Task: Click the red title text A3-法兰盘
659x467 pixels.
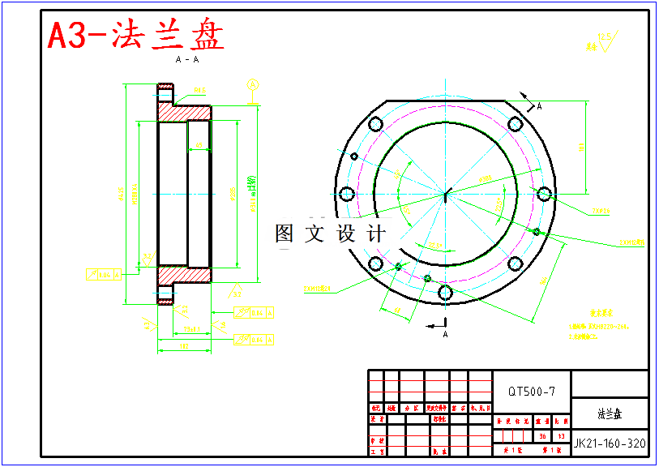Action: pyautogui.click(x=135, y=35)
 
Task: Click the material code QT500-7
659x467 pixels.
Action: pyautogui.click(x=532, y=392)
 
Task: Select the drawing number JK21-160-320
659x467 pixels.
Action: pyautogui.click(x=610, y=443)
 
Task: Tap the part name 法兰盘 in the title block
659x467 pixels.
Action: pyautogui.click(x=610, y=413)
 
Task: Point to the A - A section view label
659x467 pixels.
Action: pyautogui.click(x=187, y=60)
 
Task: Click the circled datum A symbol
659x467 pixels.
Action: pyautogui.click(x=252, y=84)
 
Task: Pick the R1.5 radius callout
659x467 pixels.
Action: pyautogui.click(x=199, y=90)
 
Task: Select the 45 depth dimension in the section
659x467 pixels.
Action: pyautogui.click(x=199, y=145)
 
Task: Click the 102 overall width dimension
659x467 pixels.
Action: pyautogui.click(x=184, y=346)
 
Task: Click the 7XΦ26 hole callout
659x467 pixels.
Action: pyautogui.click(x=601, y=211)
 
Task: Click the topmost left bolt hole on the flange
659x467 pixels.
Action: pyautogui.click(x=375, y=124)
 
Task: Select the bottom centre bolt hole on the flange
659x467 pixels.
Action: pyautogui.click(x=444, y=293)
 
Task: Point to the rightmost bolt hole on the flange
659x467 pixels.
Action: pyautogui.click(x=545, y=194)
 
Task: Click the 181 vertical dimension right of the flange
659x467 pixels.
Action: pyautogui.click(x=580, y=147)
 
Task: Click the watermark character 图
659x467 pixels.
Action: pyautogui.click(x=285, y=233)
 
